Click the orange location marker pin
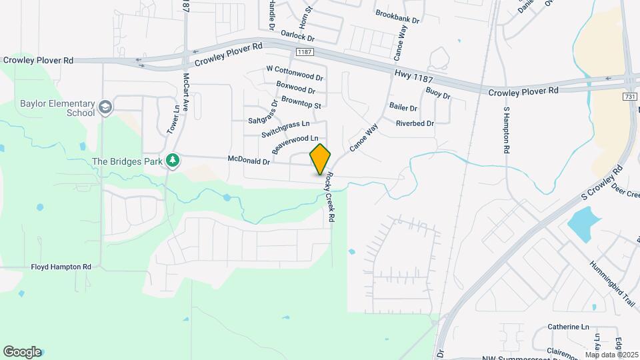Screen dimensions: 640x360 [x=320, y=159]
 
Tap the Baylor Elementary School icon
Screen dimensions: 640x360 [x=105, y=107]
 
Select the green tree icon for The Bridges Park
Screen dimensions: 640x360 [x=173, y=161]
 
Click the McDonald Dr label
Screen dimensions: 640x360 [x=249, y=161]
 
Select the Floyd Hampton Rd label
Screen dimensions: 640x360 [x=61, y=267]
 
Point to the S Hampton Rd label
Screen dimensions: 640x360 [x=506, y=131]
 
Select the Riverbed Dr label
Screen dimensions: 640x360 [x=415, y=123]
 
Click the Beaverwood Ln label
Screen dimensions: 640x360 [x=300, y=143]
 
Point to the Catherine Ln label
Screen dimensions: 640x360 [x=569, y=327]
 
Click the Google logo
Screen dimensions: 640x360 [x=21, y=352]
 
